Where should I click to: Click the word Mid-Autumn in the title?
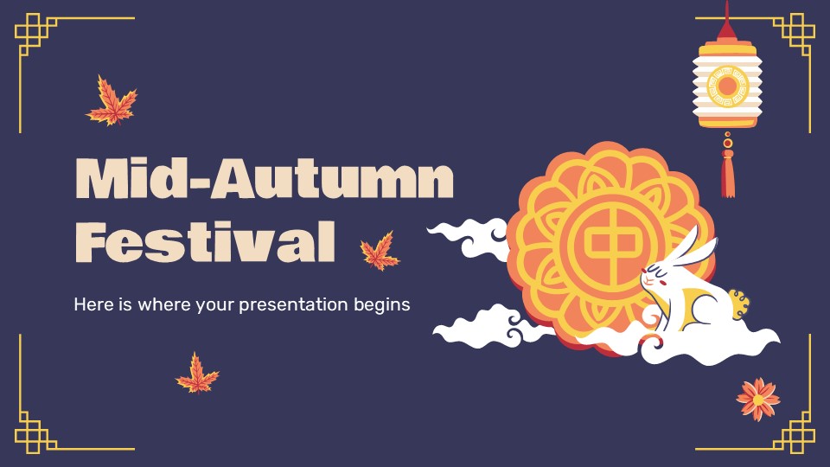click(265, 178)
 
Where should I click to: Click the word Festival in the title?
click(206, 241)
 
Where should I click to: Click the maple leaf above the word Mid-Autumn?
click(112, 100)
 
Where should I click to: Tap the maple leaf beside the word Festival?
click(380, 251)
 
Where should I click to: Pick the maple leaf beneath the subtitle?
click(197, 374)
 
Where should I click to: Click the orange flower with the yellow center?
click(758, 400)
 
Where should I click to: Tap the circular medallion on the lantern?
click(727, 86)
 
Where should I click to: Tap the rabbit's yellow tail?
click(739, 304)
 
